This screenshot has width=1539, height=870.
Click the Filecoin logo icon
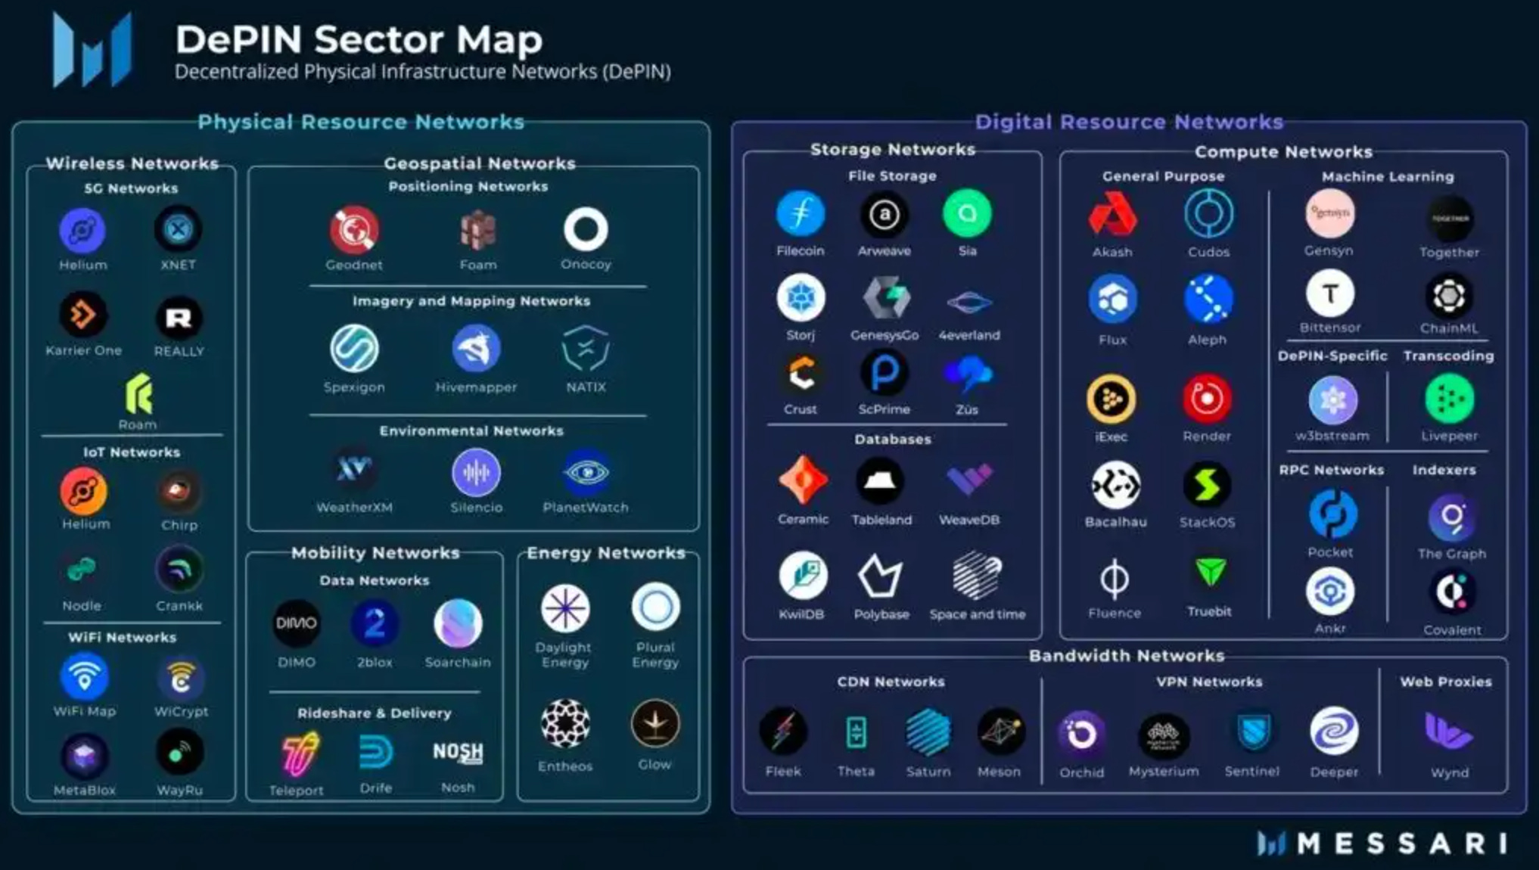click(800, 214)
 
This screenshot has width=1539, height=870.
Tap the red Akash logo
click(1111, 215)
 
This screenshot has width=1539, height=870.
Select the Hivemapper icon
click(476, 349)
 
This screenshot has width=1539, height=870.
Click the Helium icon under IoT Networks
click(83, 491)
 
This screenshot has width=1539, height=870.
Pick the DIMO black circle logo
click(296, 623)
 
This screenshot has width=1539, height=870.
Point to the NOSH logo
click(458, 752)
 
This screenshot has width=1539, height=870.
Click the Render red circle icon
click(1207, 399)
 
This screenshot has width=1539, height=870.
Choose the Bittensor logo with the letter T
click(1329, 294)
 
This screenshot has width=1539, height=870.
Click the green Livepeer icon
click(1449, 399)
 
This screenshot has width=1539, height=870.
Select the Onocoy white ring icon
click(586, 229)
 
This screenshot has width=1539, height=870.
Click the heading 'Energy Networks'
click(606, 553)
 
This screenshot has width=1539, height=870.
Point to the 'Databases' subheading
click(893, 440)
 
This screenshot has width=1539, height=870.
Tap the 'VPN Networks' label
click(1209, 682)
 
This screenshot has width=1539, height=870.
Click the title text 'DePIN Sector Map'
click(359, 39)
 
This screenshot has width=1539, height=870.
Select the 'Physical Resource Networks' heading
click(361, 122)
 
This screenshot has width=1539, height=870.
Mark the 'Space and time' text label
click(978, 614)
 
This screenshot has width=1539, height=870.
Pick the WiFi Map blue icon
click(84, 677)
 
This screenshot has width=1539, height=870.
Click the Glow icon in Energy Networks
click(655, 724)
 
